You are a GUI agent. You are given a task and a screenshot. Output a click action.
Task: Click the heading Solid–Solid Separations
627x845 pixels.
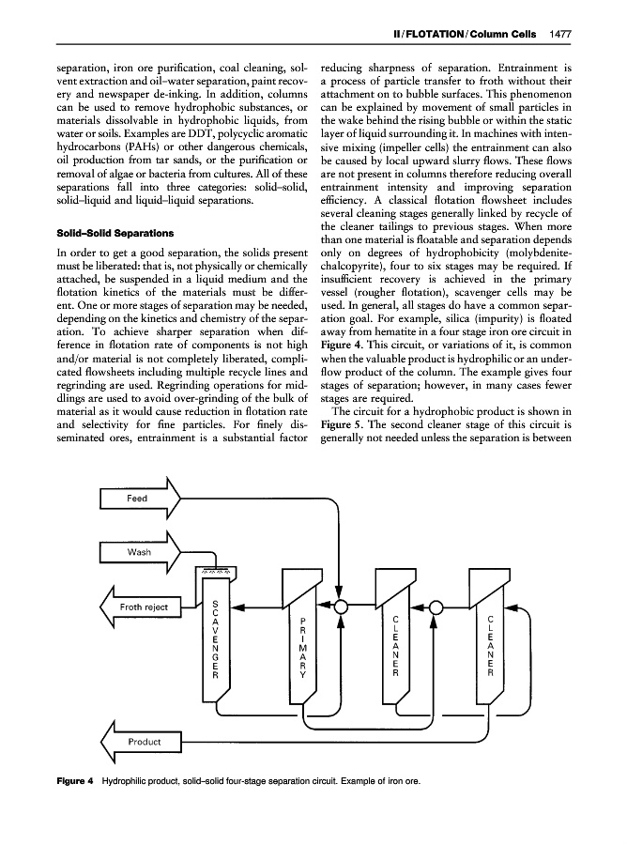(x=101, y=231)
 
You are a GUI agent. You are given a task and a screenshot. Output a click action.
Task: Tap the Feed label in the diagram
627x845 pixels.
(x=137, y=498)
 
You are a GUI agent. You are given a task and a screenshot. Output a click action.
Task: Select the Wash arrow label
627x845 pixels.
(x=139, y=552)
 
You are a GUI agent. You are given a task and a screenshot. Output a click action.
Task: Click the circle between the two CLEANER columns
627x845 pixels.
(x=436, y=606)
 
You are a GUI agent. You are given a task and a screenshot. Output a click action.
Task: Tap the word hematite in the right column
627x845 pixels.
(x=387, y=342)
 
